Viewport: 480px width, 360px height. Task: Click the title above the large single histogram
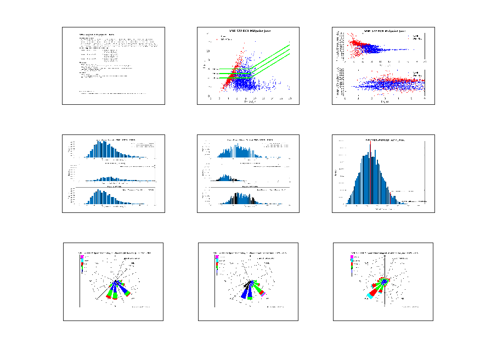(383, 140)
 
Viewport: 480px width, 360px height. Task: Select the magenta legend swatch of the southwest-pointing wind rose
(352, 256)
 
